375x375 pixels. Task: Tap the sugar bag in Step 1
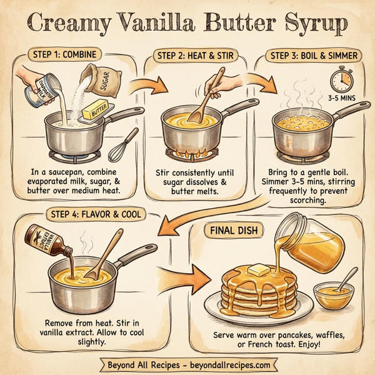tap(104, 78)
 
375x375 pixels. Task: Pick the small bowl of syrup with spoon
tap(331, 292)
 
